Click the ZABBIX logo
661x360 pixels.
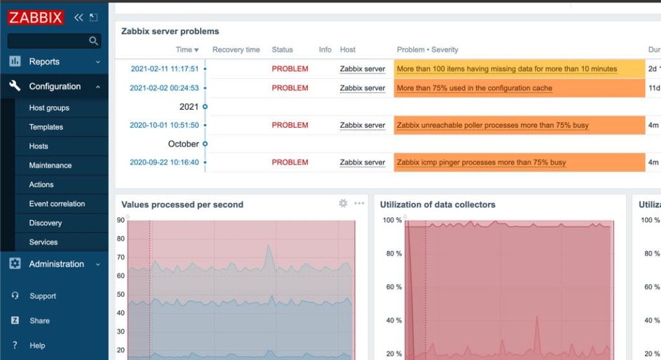coord(36,17)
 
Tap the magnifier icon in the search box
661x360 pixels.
coord(94,41)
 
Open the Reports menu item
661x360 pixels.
coord(44,62)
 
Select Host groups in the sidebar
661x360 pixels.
coord(49,108)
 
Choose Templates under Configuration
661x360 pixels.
coord(46,127)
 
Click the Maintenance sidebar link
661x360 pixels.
coord(50,165)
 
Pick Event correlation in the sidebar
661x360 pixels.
coord(57,204)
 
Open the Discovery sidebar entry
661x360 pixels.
coord(45,223)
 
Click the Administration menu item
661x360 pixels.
coord(56,264)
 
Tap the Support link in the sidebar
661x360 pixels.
coord(43,296)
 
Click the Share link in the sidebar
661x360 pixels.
coord(39,321)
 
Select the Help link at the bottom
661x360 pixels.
coord(37,346)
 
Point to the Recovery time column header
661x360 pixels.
coord(236,50)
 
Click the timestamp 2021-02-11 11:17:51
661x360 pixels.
coord(165,69)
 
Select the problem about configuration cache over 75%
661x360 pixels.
coord(474,88)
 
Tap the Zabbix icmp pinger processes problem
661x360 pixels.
coord(481,163)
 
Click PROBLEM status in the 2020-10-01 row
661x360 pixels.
coord(290,125)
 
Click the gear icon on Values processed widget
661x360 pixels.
coord(343,203)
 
